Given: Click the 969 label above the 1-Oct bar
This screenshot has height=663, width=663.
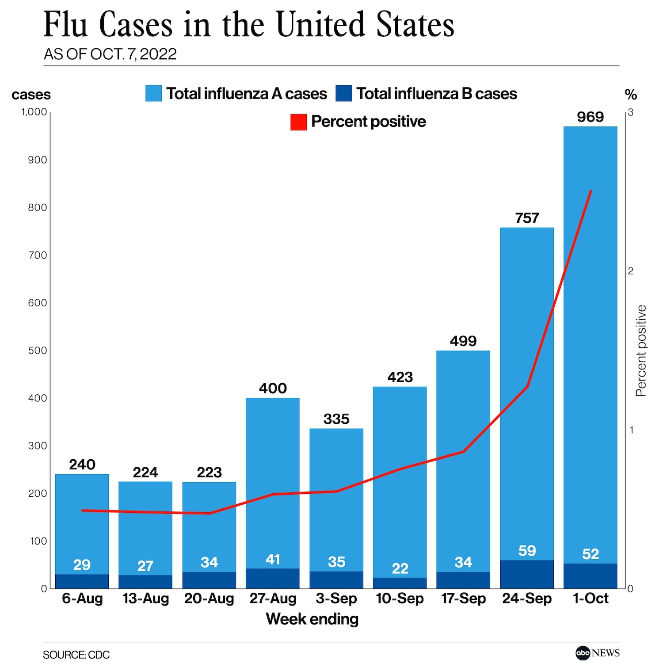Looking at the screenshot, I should coord(590,117).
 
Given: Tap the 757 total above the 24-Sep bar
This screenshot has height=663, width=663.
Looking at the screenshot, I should coord(527,218).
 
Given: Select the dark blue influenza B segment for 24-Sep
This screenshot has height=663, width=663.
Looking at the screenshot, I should coord(527,574).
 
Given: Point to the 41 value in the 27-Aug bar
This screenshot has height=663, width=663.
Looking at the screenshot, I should coord(273,560).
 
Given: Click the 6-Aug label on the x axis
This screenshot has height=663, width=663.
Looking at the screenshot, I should coord(82,598).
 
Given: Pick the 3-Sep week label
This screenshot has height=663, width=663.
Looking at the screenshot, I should coord(336,598).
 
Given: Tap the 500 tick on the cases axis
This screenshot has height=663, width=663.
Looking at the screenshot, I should coord(38,351).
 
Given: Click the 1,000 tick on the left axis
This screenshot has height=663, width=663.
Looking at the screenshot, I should coord(34,112).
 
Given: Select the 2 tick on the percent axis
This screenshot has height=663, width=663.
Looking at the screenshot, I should coord(631,271).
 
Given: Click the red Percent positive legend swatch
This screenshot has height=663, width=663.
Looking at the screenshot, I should coord(298,122).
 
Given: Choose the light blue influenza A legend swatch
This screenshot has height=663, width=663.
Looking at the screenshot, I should coord(153,94).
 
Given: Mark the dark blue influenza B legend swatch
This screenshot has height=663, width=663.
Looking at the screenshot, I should coord(343,94).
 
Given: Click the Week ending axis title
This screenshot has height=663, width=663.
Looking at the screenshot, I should coord(312,619).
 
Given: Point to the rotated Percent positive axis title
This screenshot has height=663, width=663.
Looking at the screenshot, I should coord(641,351).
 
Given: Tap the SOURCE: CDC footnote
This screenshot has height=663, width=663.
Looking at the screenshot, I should coord(76,655).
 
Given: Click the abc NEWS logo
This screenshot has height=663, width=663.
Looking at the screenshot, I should coord(597,653).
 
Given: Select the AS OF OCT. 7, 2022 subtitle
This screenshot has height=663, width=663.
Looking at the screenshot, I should coord(110,54).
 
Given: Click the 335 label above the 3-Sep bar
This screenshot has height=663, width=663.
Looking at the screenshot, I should coord(336,419).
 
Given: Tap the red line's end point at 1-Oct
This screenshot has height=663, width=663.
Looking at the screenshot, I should coord(591,191).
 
